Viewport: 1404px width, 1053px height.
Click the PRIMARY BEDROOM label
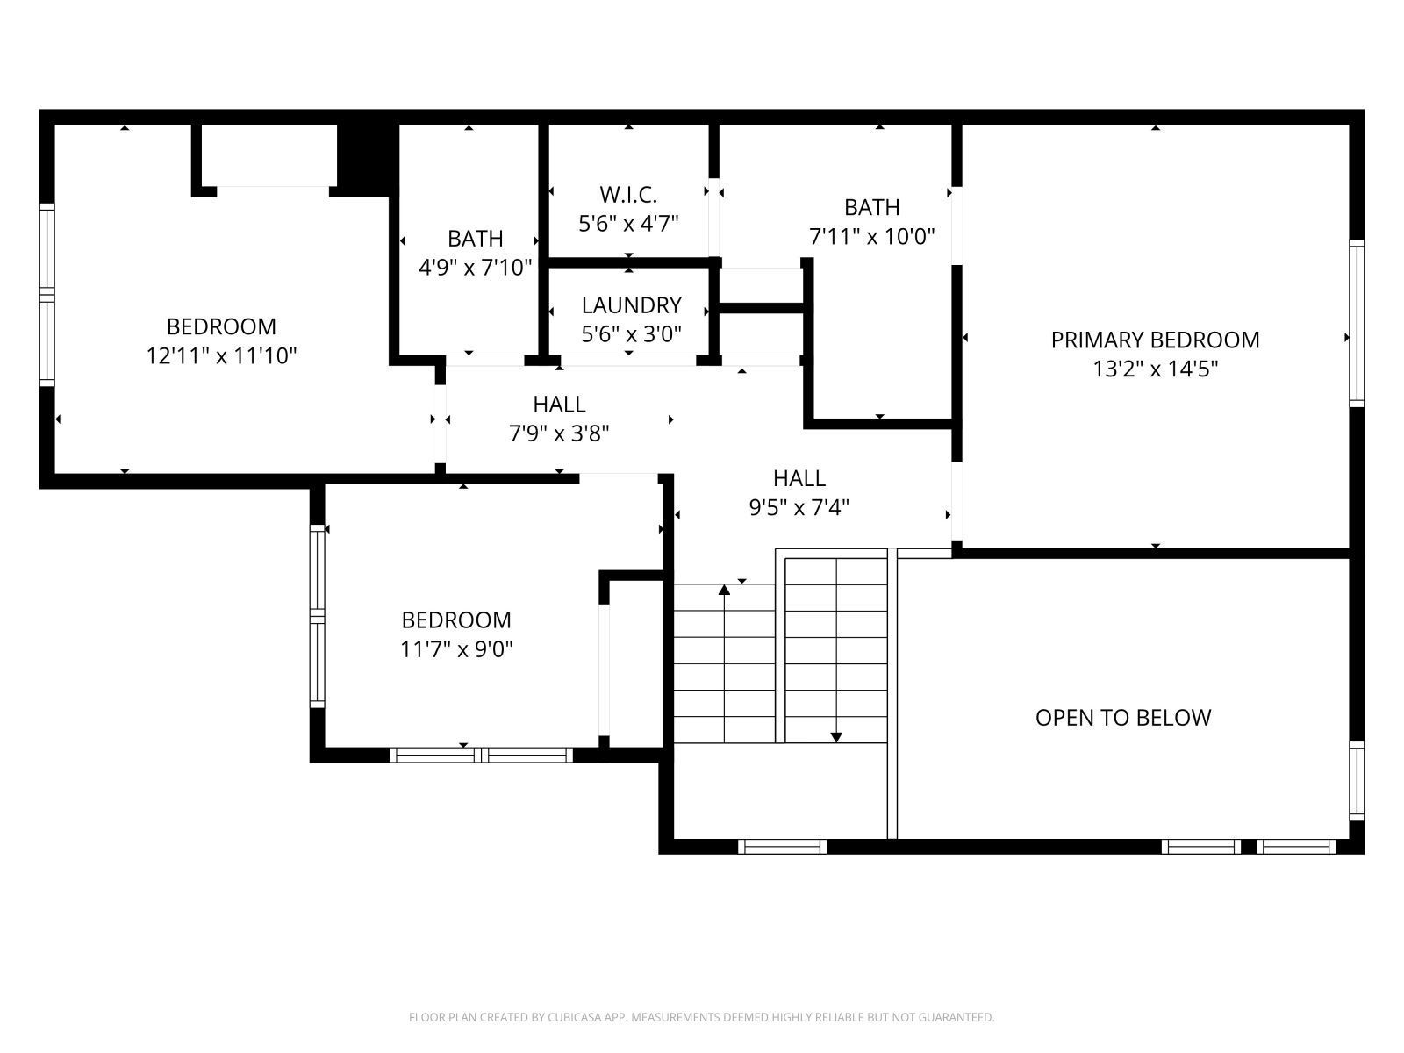click(1155, 340)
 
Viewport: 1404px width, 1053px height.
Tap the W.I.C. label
click(628, 194)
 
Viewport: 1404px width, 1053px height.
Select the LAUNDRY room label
click(631, 305)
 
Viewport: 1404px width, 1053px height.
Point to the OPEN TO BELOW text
click(1123, 718)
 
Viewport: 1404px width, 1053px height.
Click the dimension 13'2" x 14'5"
click(1155, 369)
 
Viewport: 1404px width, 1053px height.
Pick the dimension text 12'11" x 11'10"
click(221, 355)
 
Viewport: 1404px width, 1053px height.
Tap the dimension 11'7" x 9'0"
click(456, 649)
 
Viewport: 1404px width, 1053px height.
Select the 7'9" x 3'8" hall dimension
click(559, 433)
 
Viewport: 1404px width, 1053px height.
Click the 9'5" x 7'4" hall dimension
click(799, 508)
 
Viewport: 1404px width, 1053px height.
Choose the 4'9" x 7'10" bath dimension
click(475, 268)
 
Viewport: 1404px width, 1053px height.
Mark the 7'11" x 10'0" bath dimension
click(872, 237)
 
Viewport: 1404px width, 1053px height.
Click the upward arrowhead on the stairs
click(724, 590)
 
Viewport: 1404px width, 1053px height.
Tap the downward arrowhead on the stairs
click(836, 737)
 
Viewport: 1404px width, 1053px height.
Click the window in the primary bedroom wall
click(1357, 323)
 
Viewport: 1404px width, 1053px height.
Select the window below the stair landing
click(782, 847)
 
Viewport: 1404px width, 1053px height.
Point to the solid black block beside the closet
click(364, 160)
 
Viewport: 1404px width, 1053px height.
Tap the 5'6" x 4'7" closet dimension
click(628, 224)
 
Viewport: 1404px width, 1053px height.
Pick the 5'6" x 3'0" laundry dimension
click(631, 333)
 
